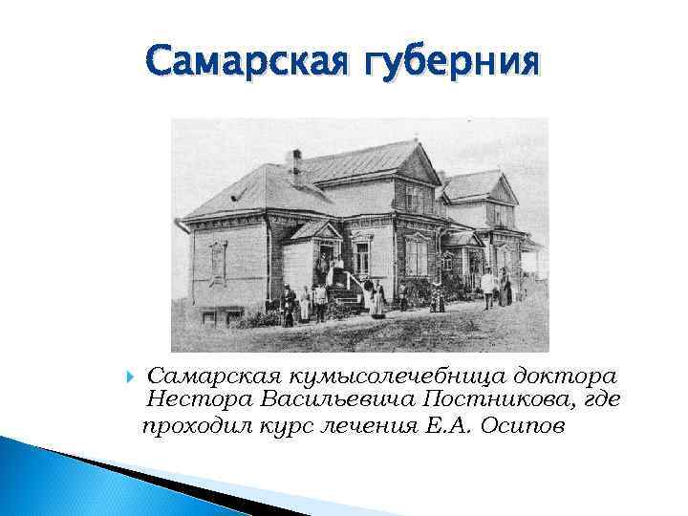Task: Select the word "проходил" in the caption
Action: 195,425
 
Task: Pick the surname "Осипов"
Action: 523,425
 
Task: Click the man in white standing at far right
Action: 487,287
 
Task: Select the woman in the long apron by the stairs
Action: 378,299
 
